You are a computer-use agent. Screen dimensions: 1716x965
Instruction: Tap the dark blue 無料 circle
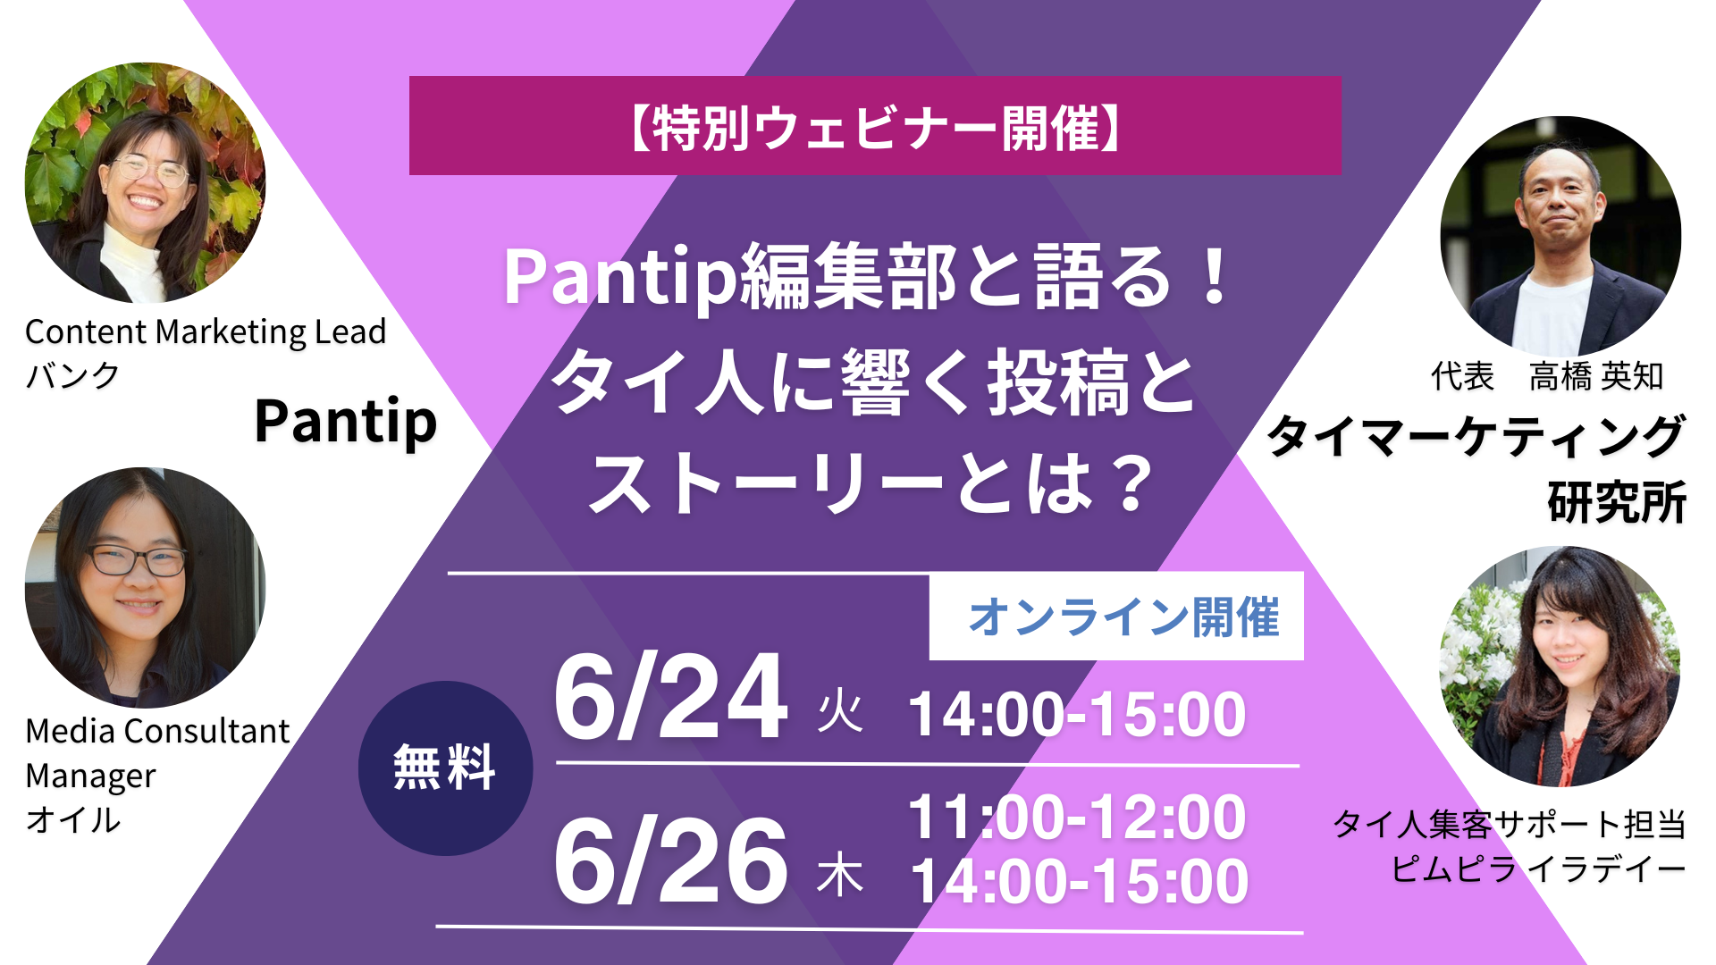[x=445, y=768]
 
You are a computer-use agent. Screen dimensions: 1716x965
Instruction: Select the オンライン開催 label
[x=1123, y=617]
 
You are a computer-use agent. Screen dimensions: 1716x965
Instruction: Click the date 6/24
[x=671, y=698]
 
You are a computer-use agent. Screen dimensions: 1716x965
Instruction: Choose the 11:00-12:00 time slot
[x=1077, y=817]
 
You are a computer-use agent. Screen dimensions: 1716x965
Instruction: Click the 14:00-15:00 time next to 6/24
[x=1077, y=714]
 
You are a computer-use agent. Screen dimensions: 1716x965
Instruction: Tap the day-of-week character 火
[x=840, y=713]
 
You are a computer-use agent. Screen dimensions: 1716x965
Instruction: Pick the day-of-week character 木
[x=840, y=875]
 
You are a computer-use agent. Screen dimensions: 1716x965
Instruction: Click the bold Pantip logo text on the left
[x=346, y=423]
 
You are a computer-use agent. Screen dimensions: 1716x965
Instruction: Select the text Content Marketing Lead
[x=206, y=331]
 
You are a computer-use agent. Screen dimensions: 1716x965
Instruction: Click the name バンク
[x=71, y=375]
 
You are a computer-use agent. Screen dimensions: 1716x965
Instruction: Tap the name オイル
[x=72, y=819]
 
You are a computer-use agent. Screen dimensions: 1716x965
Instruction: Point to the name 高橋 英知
[x=1596, y=376]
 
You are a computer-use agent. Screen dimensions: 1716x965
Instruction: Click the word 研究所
[x=1617, y=501]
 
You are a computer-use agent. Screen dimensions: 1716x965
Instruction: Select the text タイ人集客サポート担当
[x=1510, y=824]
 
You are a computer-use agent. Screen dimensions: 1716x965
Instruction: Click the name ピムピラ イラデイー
[x=1538, y=868]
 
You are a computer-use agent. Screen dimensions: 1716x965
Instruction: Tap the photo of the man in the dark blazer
[x=1560, y=237]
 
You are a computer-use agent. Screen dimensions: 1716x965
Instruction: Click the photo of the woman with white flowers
[x=1560, y=667]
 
